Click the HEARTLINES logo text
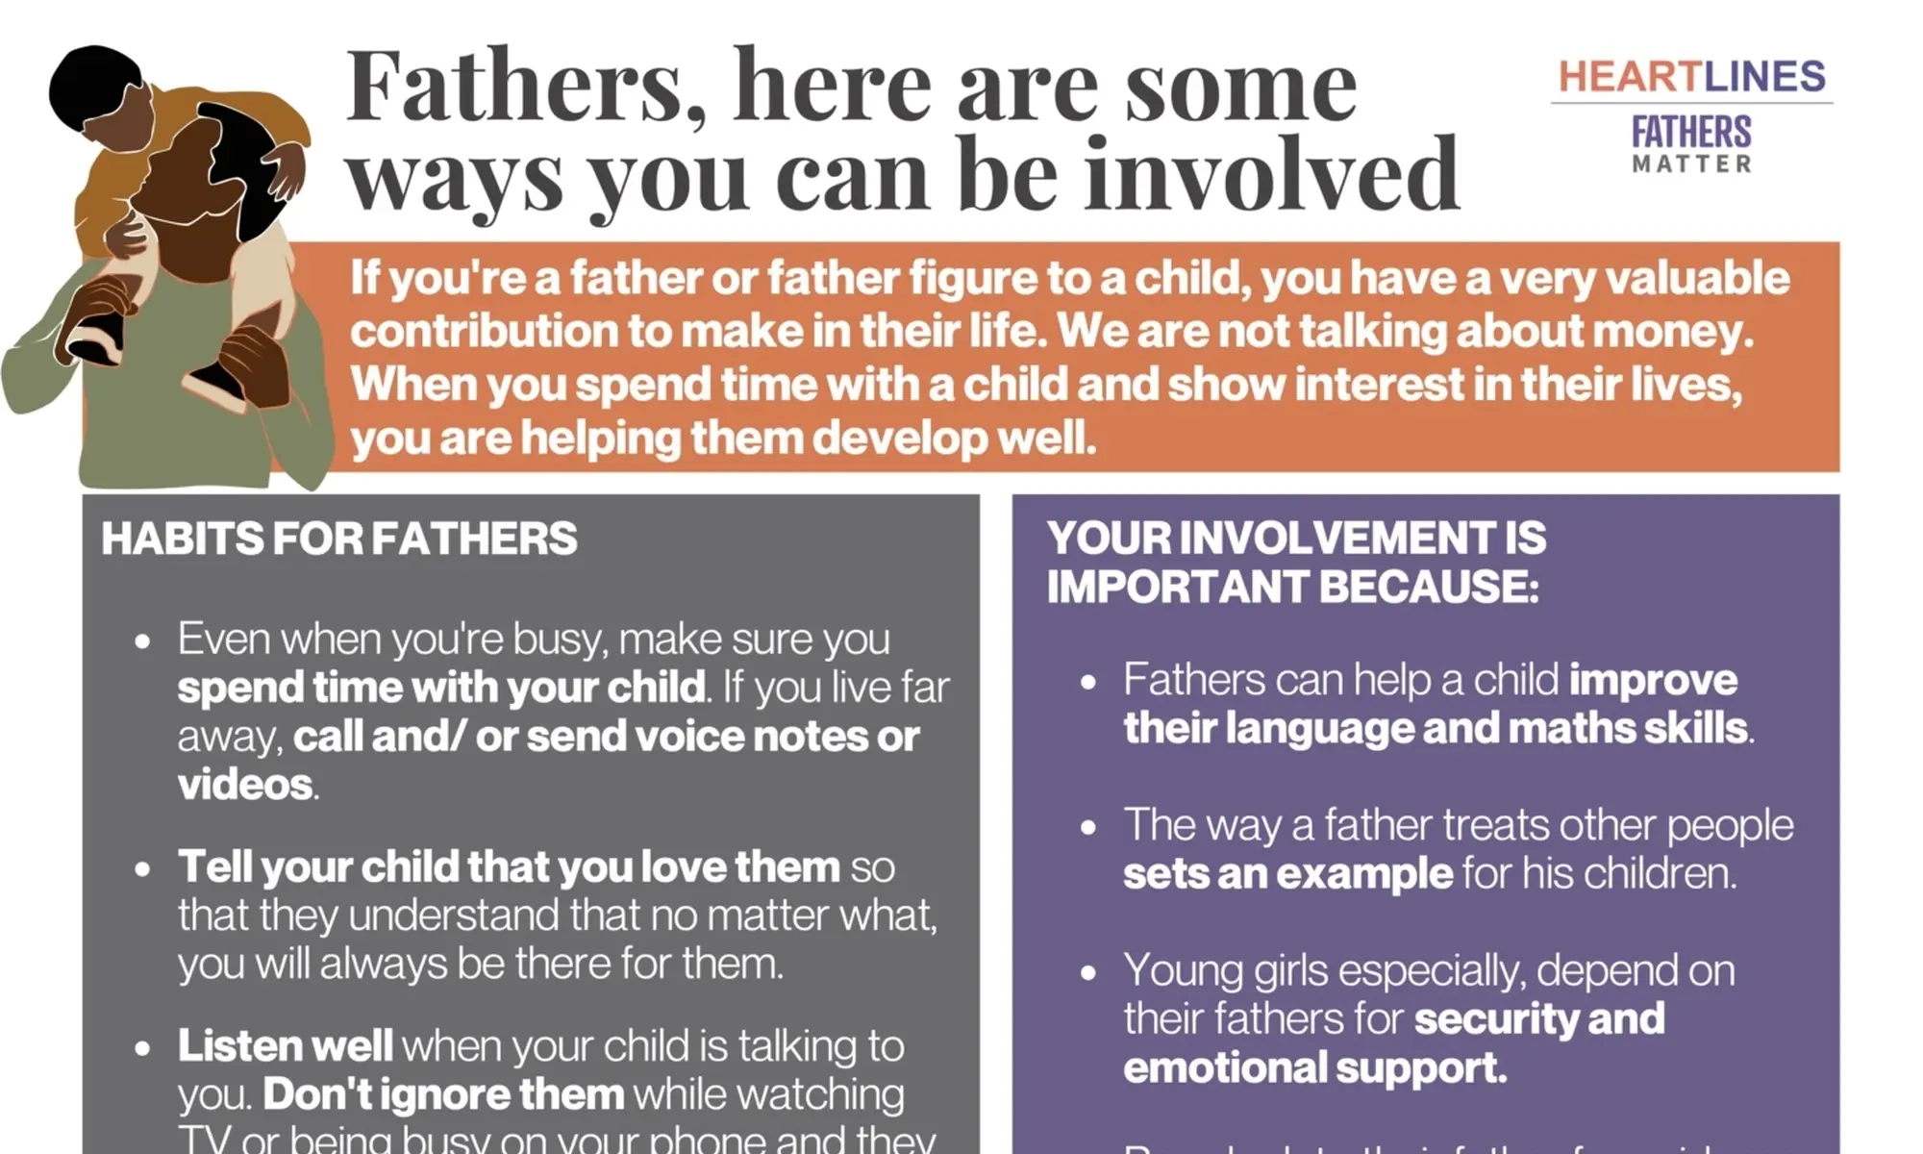pyautogui.click(x=1691, y=77)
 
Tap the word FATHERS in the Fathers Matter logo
pyautogui.click(x=1691, y=132)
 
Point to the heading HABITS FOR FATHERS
pyautogui.click(x=339, y=539)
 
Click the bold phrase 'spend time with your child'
pyautogui.click(x=441, y=688)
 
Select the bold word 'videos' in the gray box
pyautogui.click(x=244, y=785)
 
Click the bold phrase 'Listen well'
pyautogui.click(x=285, y=1045)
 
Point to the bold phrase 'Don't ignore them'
pyautogui.click(x=443, y=1094)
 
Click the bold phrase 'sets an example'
pyautogui.click(x=1287, y=873)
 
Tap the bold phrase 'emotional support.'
pyautogui.click(x=1314, y=1067)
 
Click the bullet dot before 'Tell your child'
pyautogui.click(x=143, y=869)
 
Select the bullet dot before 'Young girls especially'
pyautogui.click(x=1088, y=972)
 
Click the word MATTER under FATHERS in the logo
pyautogui.click(x=1691, y=164)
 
